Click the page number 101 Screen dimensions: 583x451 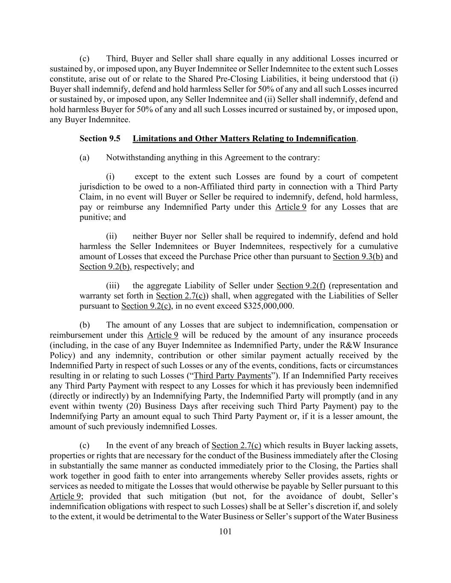[x=225, y=531]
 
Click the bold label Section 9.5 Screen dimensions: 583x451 [x=100, y=138]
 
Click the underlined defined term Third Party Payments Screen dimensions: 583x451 [x=233, y=375]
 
